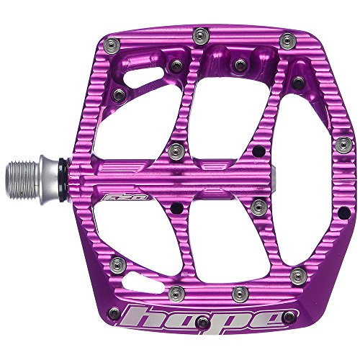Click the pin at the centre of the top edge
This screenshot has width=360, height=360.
(199, 33)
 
